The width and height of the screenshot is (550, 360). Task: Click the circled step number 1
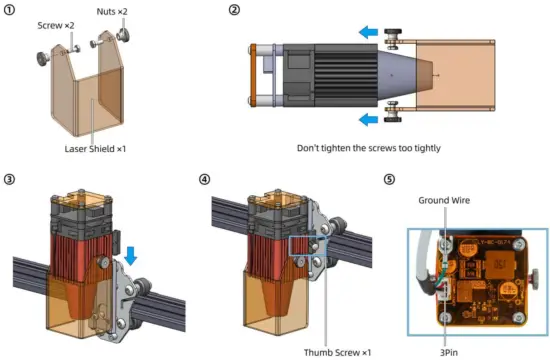point(9,10)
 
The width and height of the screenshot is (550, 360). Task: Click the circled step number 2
point(234,9)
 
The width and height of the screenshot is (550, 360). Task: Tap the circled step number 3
point(9,179)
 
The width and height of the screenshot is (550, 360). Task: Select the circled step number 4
point(204,179)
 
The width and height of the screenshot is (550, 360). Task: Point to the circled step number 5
point(389,179)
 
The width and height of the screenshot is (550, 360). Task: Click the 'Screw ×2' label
point(56,25)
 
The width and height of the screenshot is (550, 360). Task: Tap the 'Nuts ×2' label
point(112,12)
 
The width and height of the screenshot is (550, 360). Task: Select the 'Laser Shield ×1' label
point(95,148)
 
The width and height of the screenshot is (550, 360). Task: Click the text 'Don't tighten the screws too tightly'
point(369,148)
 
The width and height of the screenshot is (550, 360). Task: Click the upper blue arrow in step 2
point(368,32)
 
